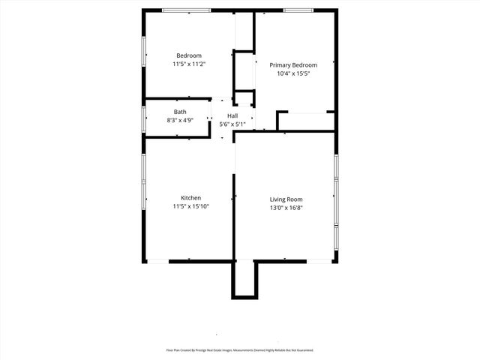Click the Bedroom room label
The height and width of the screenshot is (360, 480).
pos(189,55)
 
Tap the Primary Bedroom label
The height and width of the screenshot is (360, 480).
pos(293,65)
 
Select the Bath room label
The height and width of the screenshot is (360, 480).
pos(180,112)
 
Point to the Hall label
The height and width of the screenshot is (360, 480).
pos(232,115)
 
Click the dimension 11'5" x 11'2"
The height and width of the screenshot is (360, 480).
pos(189,64)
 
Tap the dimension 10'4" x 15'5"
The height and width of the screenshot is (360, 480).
pos(293,74)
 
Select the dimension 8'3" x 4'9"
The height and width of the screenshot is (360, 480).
pos(180,120)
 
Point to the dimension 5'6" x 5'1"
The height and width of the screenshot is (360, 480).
pos(232,124)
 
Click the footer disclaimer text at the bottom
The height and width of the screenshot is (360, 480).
pos(240,350)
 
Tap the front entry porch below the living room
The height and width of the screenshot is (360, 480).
pos(244,279)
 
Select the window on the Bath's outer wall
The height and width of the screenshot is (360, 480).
pos(144,118)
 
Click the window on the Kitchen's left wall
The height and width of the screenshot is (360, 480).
pos(144,180)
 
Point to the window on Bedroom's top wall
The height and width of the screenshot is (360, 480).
pos(187,10)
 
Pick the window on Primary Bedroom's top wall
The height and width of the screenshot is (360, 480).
pos(298,10)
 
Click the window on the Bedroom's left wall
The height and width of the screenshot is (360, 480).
pos(144,55)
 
